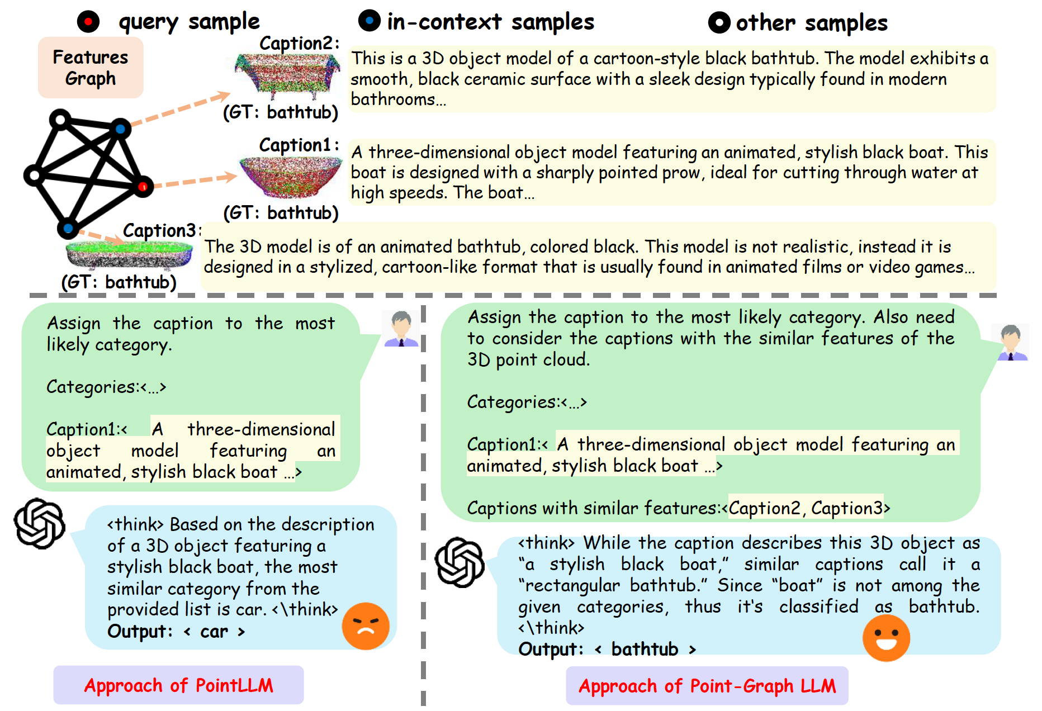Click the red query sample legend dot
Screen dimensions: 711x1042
tap(88, 22)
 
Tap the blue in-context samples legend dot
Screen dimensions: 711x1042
tap(369, 21)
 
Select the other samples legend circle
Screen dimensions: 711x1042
tap(719, 22)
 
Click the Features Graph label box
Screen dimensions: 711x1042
tap(91, 68)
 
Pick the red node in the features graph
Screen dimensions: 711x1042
tap(143, 186)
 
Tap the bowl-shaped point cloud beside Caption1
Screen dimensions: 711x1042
tap(290, 176)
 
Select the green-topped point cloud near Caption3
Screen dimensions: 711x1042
tap(129, 255)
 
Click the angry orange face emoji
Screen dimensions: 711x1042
tap(366, 626)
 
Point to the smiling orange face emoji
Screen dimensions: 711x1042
tap(886, 638)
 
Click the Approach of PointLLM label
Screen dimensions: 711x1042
tap(178, 685)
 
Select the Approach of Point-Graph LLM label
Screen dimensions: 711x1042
tap(707, 686)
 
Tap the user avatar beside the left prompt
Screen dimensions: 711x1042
tap(401, 329)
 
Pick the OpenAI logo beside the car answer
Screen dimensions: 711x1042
tap(40, 523)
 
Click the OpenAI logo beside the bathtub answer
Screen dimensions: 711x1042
tap(460, 562)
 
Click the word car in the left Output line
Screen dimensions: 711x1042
tap(214, 632)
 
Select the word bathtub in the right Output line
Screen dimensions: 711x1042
tap(645, 649)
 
